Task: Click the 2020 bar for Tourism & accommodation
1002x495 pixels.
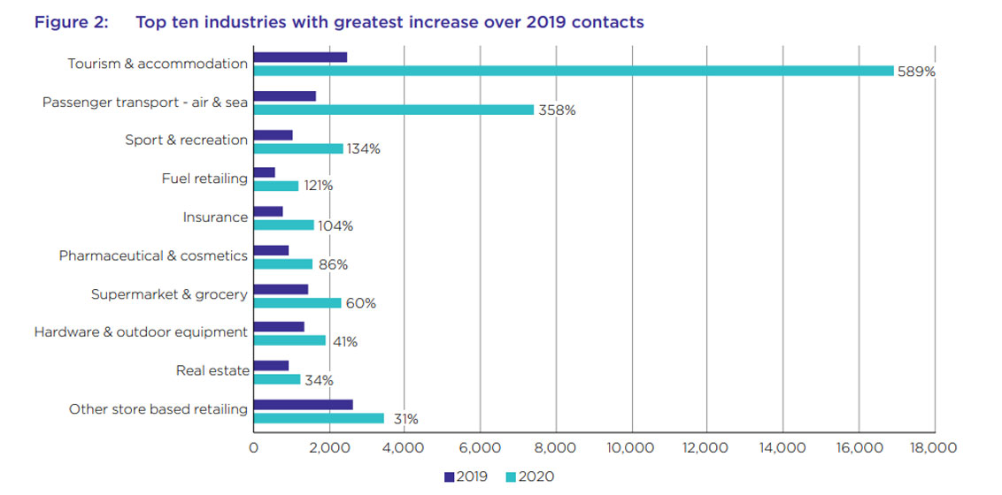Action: click(x=574, y=71)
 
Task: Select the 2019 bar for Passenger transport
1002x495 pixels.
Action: click(x=284, y=95)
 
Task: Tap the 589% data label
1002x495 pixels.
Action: click(x=915, y=72)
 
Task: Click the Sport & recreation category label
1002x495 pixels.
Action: click(x=186, y=141)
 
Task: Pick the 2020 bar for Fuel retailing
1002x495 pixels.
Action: click(x=276, y=186)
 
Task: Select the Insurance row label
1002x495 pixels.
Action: click(x=215, y=217)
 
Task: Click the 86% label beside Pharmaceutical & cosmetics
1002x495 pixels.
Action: click(x=333, y=264)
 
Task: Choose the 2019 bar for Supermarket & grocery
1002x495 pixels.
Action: click(x=281, y=289)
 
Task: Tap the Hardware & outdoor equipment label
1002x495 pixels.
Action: click(x=141, y=332)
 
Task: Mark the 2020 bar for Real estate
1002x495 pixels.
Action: click(x=277, y=379)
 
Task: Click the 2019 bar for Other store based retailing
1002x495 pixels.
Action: click(x=303, y=404)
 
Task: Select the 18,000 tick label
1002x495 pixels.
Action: click(x=933, y=448)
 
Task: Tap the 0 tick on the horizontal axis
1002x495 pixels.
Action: click(x=254, y=448)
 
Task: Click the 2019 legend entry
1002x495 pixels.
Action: click(x=466, y=477)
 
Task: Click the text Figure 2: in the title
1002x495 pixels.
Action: click(x=71, y=22)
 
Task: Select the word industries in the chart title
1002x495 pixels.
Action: click(x=241, y=22)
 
